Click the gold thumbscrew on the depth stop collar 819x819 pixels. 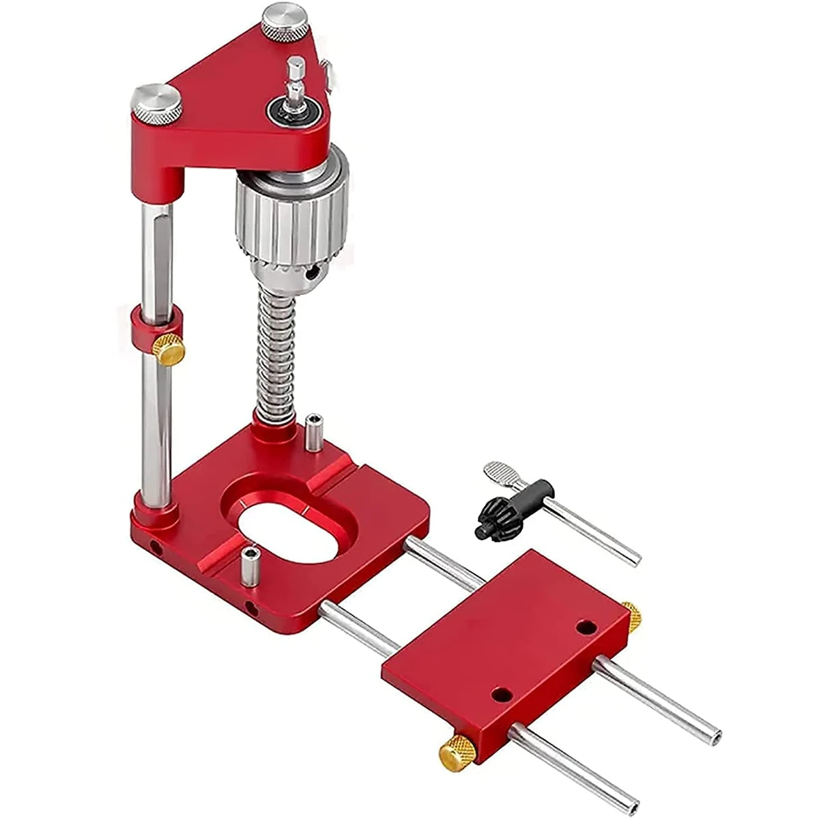click(168, 350)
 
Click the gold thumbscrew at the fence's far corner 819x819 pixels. click(633, 614)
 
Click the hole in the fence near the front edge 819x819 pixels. click(502, 695)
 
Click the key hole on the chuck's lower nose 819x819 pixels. click(313, 273)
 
